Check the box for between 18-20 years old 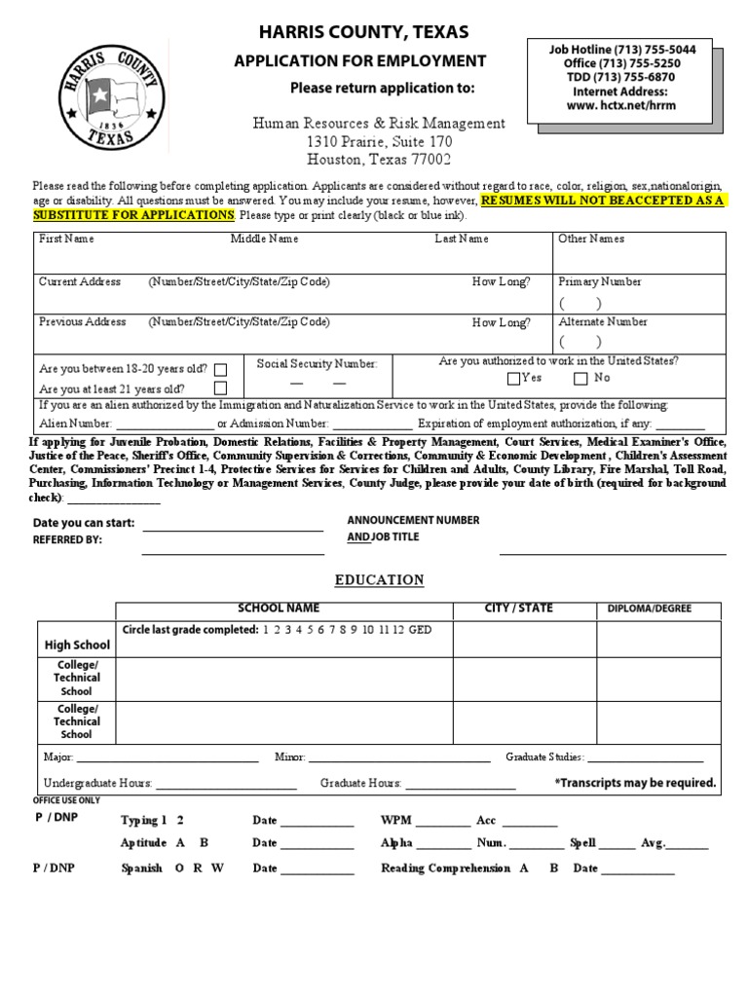221,370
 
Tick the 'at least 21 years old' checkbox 221,388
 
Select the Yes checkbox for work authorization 514,379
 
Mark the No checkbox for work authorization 580,379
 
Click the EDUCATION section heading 380,580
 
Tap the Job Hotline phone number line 623,49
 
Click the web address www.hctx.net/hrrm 623,105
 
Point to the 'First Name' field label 66,239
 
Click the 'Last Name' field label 462,239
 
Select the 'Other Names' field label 591,239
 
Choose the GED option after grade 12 421,630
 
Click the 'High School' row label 78,645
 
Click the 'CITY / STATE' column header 518,609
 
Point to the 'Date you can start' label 84,523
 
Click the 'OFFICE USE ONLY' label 67,799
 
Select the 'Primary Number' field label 600,281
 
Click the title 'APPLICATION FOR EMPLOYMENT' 359,61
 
